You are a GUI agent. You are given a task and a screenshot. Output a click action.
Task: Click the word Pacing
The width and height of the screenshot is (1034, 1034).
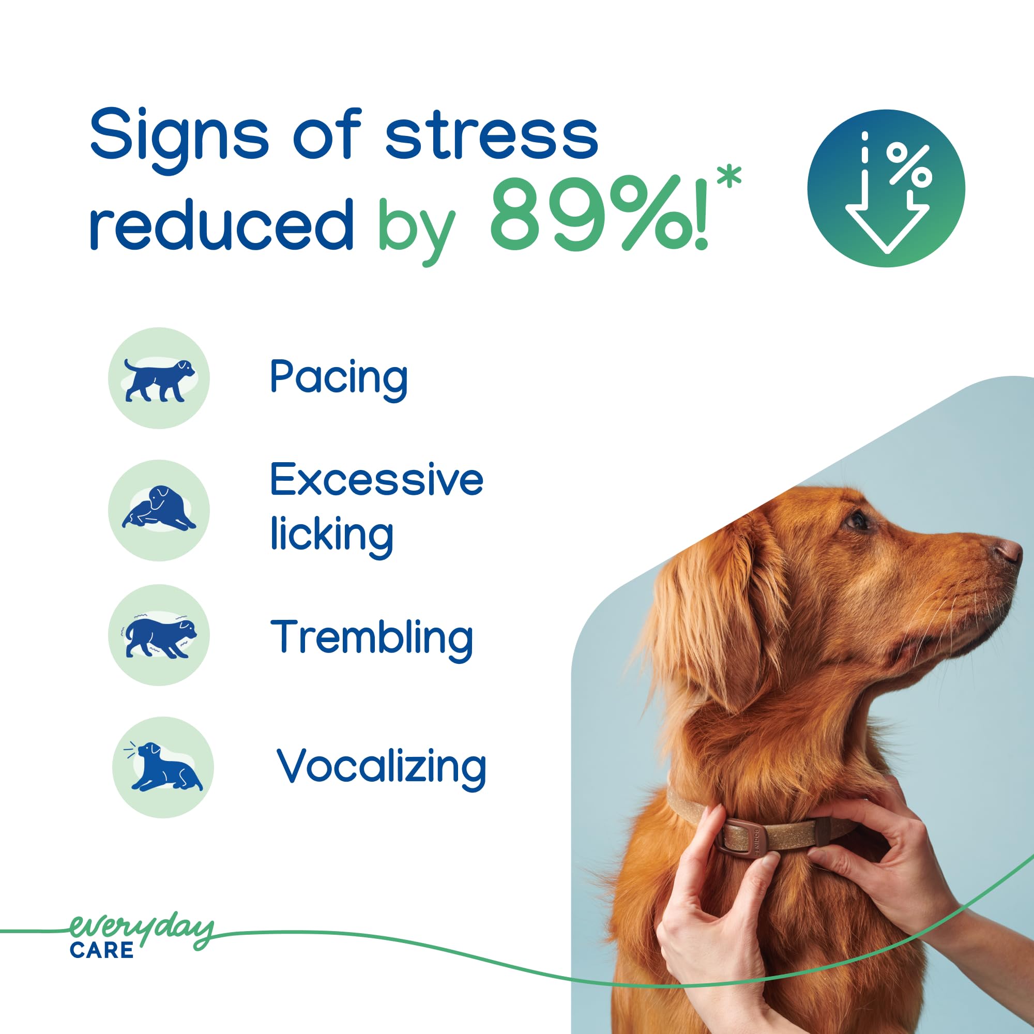click(x=339, y=378)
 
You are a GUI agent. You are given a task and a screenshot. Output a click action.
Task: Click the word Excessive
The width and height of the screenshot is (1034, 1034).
click(x=377, y=480)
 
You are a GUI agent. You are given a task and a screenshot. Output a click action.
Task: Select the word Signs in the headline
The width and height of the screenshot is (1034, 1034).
click(x=179, y=140)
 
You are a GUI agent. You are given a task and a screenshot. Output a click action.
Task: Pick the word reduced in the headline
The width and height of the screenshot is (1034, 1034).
click(x=222, y=225)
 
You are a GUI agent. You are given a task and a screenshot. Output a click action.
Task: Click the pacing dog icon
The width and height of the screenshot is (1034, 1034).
click(x=159, y=378)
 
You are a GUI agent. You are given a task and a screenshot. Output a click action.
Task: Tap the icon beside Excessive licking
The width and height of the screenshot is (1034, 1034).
click(x=159, y=511)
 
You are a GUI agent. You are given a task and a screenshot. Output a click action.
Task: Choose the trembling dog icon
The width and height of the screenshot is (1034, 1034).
click(x=159, y=635)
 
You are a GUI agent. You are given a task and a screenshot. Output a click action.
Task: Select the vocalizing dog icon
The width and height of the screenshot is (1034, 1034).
click(x=163, y=767)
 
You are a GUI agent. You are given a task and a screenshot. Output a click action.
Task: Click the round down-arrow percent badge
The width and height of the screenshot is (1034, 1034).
click(x=886, y=188)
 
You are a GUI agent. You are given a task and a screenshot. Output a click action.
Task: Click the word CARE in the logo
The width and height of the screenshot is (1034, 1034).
click(x=102, y=951)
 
